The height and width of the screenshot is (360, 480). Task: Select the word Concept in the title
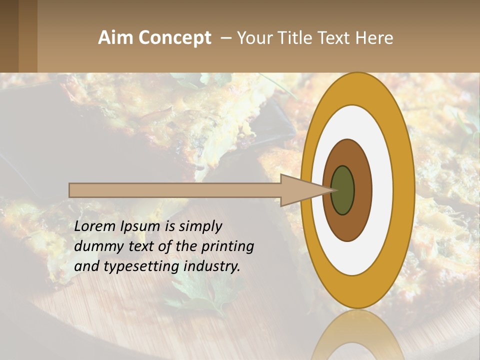point(174,38)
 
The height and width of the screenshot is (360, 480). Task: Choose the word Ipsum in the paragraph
point(141,226)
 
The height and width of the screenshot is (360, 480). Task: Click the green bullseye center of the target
point(342,190)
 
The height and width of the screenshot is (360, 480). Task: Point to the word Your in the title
point(254,38)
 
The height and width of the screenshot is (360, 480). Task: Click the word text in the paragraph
point(142,246)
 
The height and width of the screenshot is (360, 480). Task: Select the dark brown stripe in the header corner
point(9,36)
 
